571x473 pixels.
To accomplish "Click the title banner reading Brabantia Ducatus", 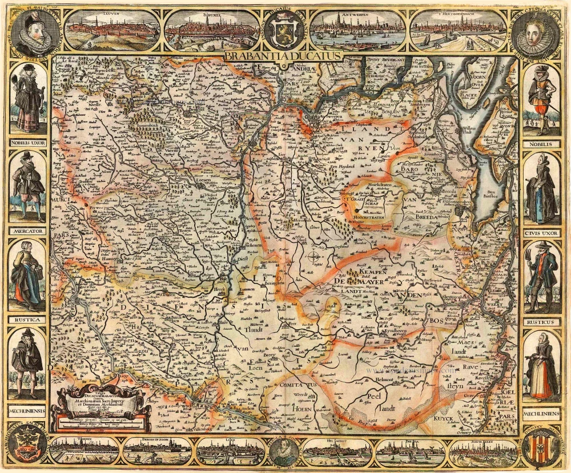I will (283, 56).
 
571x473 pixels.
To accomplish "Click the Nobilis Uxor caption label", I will (27, 144).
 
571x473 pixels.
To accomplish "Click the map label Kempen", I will (373, 272).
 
